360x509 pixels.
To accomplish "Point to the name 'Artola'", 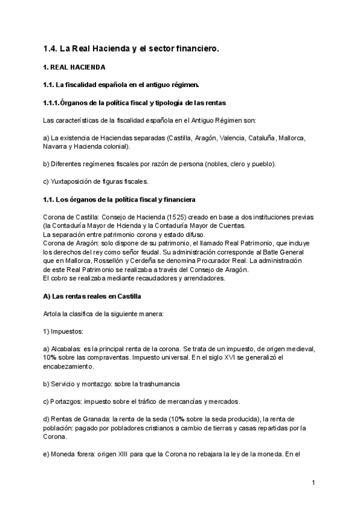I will tap(53, 314).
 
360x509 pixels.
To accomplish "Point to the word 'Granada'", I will tap(100, 419).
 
